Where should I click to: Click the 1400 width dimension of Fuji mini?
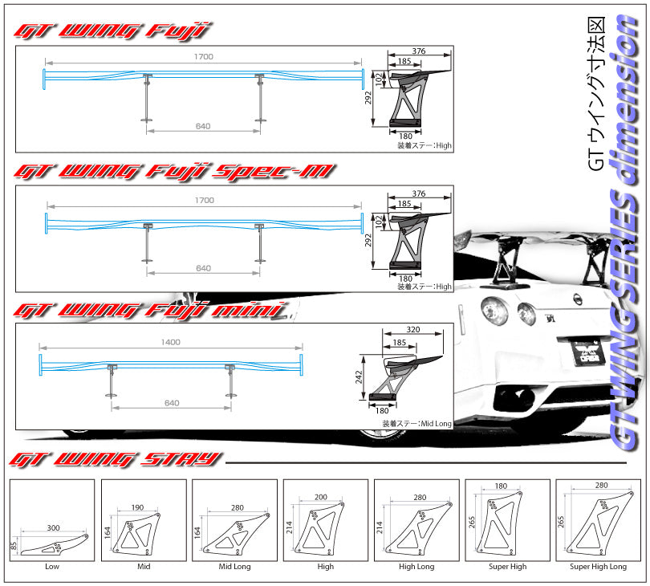pos(170,342)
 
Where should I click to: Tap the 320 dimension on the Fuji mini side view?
pos(412,329)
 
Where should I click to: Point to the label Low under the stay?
pos(52,566)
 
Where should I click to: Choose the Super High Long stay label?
pos(598,566)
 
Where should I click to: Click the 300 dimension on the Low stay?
pos(54,527)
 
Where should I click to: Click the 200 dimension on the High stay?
pos(321,497)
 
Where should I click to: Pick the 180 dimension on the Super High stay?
pos(502,486)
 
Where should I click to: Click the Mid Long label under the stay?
pos(234,566)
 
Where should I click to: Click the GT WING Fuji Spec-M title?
pos(174,171)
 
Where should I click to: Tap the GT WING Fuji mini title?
pos(150,311)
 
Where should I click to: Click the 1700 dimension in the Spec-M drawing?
pos(205,201)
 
